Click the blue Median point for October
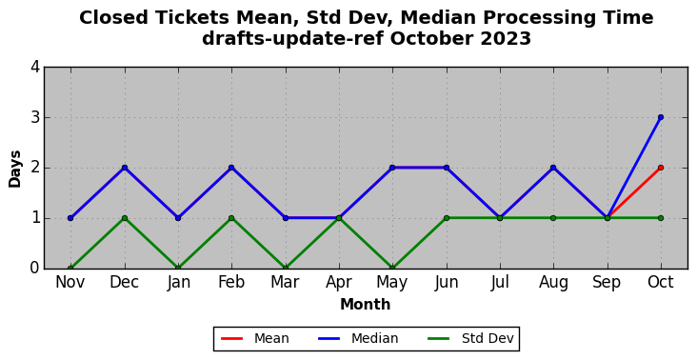click(x=661, y=117)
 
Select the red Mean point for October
click(x=661, y=168)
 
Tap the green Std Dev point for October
click(x=661, y=218)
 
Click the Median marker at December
click(x=125, y=168)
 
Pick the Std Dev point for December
click(x=125, y=218)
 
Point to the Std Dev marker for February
click(x=231, y=218)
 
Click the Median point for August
click(x=553, y=168)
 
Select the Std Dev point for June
click(x=447, y=218)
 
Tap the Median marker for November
click(x=70, y=218)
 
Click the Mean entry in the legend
click(x=255, y=339)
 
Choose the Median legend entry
click(x=358, y=339)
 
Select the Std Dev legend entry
click(x=470, y=339)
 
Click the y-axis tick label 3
click(x=35, y=118)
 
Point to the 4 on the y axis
click(x=35, y=68)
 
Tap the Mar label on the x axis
click(x=285, y=282)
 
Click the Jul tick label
click(x=500, y=283)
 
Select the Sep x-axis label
click(x=607, y=283)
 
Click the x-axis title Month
click(x=366, y=305)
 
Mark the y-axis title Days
click(x=14, y=169)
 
